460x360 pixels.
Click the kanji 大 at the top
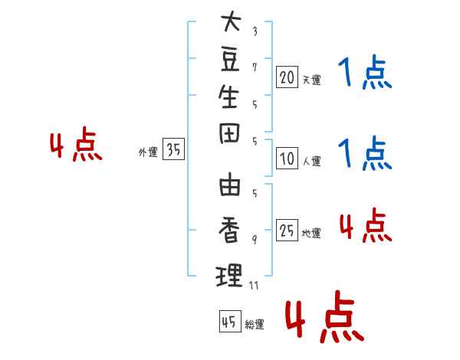click(230, 22)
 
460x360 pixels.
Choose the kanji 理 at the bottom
click(230, 273)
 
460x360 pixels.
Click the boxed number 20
click(287, 77)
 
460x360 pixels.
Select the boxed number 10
click(287, 159)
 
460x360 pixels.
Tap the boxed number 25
click(287, 231)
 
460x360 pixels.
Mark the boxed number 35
click(174, 150)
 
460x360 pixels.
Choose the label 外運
click(148, 152)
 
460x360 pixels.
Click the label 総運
click(255, 324)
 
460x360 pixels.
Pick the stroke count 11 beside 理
click(255, 286)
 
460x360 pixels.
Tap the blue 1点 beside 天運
click(365, 74)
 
